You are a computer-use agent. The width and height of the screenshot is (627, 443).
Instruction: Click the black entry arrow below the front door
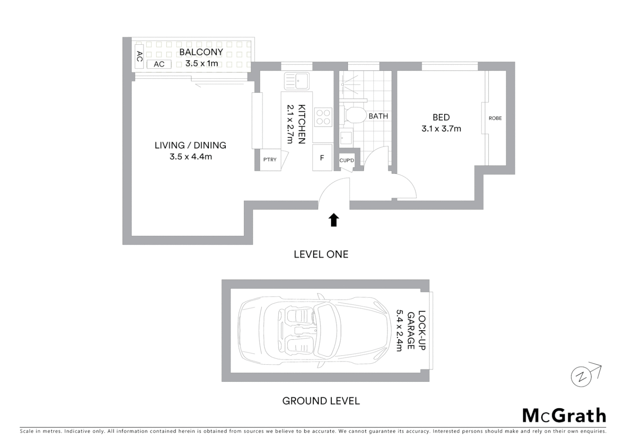334,220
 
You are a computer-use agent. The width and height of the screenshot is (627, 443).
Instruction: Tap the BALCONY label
201,52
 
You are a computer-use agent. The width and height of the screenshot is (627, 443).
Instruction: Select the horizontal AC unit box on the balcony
159,64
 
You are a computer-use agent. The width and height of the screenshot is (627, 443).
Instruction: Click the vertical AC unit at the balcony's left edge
139,57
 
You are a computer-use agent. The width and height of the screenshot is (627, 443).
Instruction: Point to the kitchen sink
297,81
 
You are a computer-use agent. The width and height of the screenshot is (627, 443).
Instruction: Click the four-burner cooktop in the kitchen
323,117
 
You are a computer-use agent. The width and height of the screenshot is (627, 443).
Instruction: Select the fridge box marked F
322,158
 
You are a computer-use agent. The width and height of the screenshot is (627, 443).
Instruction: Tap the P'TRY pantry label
270,160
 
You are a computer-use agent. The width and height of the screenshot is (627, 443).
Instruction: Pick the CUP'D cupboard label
346,160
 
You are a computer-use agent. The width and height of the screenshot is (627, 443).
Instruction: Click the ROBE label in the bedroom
495,118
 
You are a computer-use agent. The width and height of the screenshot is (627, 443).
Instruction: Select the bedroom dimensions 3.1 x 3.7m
441,129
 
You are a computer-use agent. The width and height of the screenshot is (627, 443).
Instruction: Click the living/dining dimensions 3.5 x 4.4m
190,157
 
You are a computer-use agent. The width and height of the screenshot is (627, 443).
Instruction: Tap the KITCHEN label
302,124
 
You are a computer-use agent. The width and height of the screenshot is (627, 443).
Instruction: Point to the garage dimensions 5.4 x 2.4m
399,331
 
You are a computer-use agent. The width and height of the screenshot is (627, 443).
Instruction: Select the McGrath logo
564,416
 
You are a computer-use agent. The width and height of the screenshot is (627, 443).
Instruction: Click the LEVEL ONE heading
321,254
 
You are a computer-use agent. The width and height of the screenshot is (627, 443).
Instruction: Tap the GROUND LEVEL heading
321,401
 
